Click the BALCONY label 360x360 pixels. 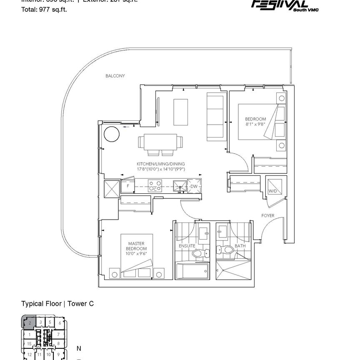pyautogui.click(x=115, y=76)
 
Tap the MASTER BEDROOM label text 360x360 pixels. pyautogui.click(x=136, y=246)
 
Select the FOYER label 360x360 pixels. pyautogui.click(x=267, y=216)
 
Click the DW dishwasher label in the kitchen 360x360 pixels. pyautogui.click(x=194, y=187)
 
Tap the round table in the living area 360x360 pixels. pyautogui.click(x=111, y=134)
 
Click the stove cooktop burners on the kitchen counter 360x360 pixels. pyautogui.click(x=155, y=185)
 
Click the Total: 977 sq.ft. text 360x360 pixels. pyautogui.click(x=44, y=9)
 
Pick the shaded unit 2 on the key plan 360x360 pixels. pyautogui.click(x=29, y=322)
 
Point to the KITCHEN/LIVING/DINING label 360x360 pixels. pyautogui.click(x=160, y=164)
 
